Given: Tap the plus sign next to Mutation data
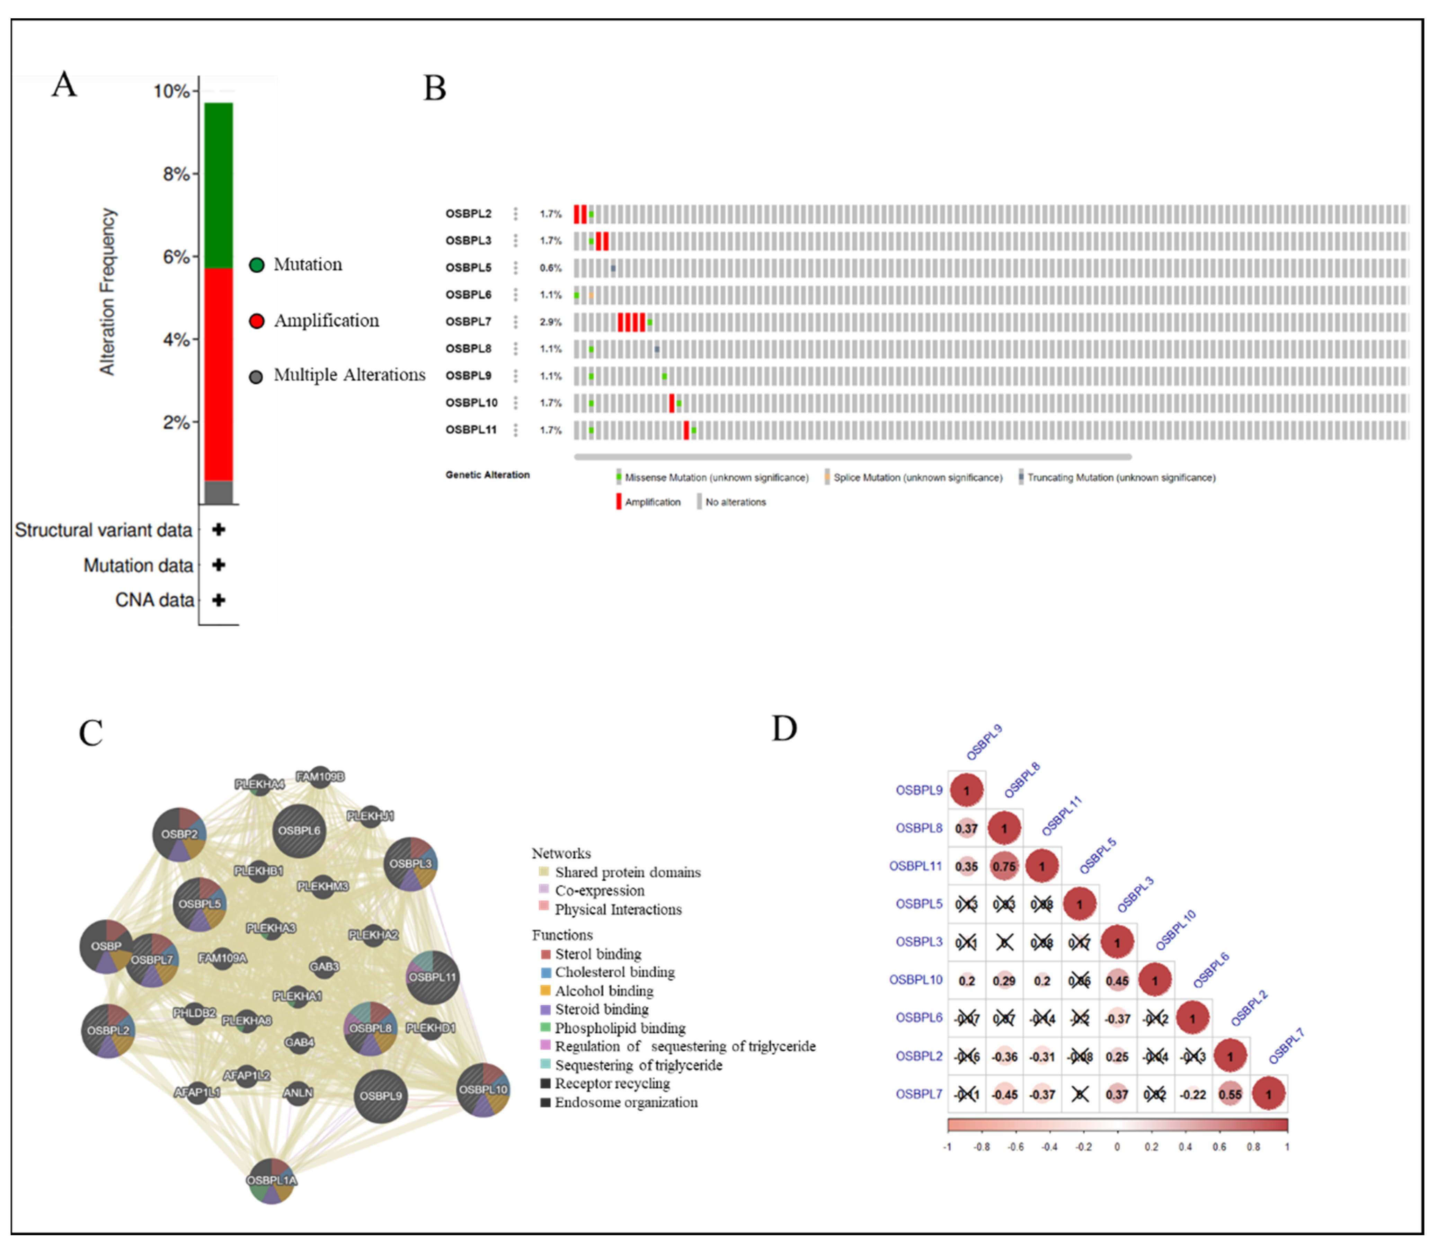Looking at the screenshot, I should point(219,565).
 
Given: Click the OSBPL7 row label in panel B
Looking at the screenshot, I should point(469,321).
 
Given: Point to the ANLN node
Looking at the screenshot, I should point(298,1093).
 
